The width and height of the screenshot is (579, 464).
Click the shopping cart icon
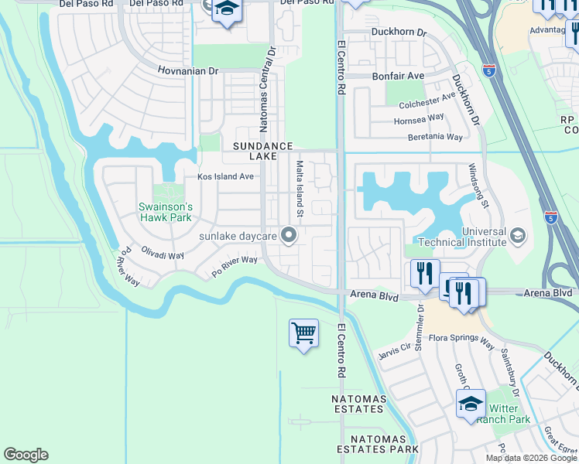(x=303, y=334)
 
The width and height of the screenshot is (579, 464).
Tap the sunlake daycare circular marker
(x=289, y=234)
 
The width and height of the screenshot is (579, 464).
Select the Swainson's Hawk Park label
(x=165, y=212)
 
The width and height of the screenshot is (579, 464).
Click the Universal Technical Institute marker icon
(x=518, y=234)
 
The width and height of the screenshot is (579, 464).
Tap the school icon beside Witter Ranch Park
(x=471, y=404)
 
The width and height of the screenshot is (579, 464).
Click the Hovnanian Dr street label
(x=190, y=70)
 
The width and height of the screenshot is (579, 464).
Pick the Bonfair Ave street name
(x=398, y=76)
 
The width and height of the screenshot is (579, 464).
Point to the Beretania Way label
(x=435, y=137)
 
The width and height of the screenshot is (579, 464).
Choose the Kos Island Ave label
(x=225, y=176)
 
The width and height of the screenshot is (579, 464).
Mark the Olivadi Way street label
(x=162, y=254)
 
